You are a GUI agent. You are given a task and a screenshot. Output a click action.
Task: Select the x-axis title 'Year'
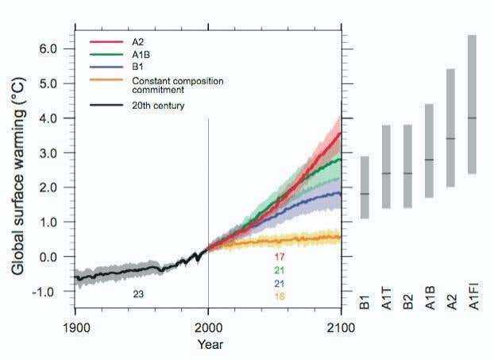coord(210,345)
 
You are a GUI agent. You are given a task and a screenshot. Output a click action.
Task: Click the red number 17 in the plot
coord(279,257)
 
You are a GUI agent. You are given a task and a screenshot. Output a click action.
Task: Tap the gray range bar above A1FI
coord(472,104)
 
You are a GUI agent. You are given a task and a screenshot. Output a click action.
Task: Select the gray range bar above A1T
coord(386,167)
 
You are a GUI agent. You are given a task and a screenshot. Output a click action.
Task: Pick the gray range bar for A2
coord(450,128)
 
